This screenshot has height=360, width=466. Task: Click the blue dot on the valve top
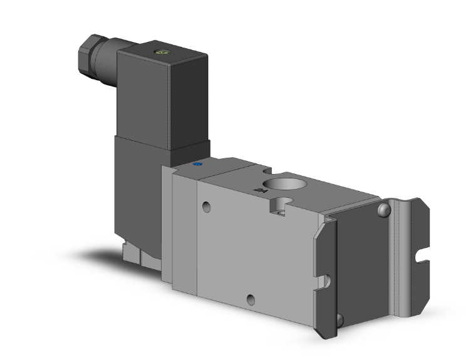click(199, 165)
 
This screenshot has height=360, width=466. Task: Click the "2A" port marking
click(257, 187)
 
